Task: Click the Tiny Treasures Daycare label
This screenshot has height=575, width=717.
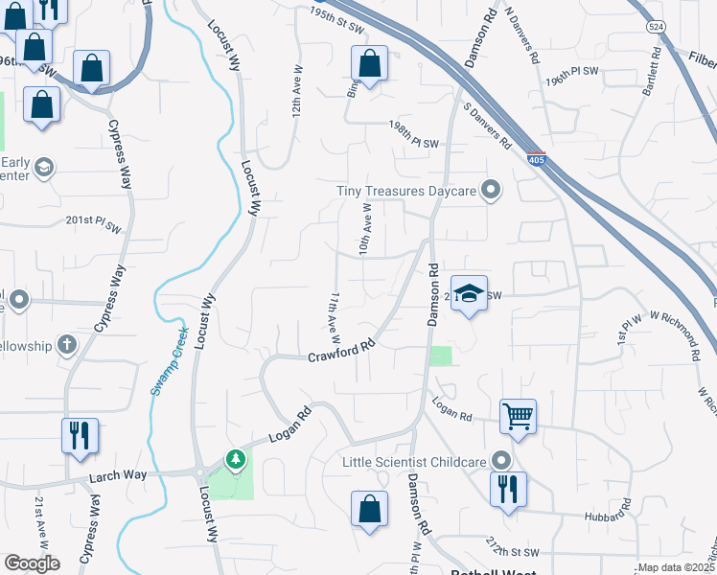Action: (406, 191)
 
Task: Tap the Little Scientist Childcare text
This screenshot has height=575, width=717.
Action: (415, 462)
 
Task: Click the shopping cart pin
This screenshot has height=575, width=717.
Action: (518, 417)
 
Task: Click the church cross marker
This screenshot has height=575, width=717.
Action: (66, 343)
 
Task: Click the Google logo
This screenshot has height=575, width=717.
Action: (32, 563)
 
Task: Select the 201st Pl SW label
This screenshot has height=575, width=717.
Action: (93, 223)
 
